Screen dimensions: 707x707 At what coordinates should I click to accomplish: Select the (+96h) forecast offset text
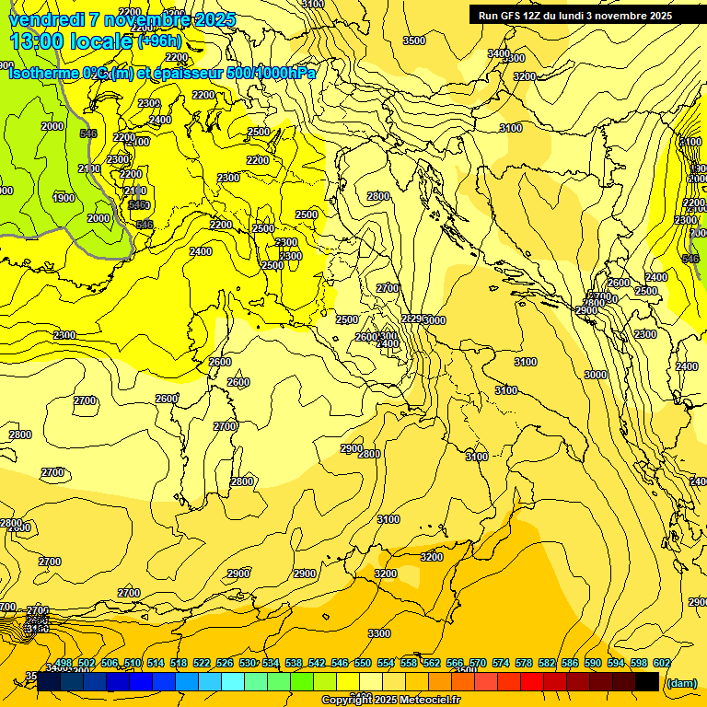pyautogui.click(x=160, y=41)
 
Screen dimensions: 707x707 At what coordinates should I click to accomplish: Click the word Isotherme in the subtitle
pyautogui.click(x=44, y=73)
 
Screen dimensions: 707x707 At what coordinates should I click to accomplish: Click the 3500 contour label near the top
pyautogui.click(x=414, y=41)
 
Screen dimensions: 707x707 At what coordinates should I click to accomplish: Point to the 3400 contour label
pyautogui.click(x=498, y=53)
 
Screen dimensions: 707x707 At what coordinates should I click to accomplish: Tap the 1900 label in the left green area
pyautogui.click(x=64, y=198)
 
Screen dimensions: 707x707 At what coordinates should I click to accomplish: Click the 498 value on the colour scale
pyautogui.click(x=64, y=663)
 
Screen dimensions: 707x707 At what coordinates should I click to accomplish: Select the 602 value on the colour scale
pyautogui.click(x=662, y=663)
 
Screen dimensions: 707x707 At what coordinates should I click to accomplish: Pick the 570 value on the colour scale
pyautogui.click(x=478, y=663)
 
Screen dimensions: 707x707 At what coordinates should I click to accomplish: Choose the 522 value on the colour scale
pyautogui.click(x=202, y=663)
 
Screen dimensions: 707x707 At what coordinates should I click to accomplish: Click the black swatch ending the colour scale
pyautogui.click(x=647, y=681)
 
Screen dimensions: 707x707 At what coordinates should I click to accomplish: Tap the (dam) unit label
pyautogui.click(x=680, y=682)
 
